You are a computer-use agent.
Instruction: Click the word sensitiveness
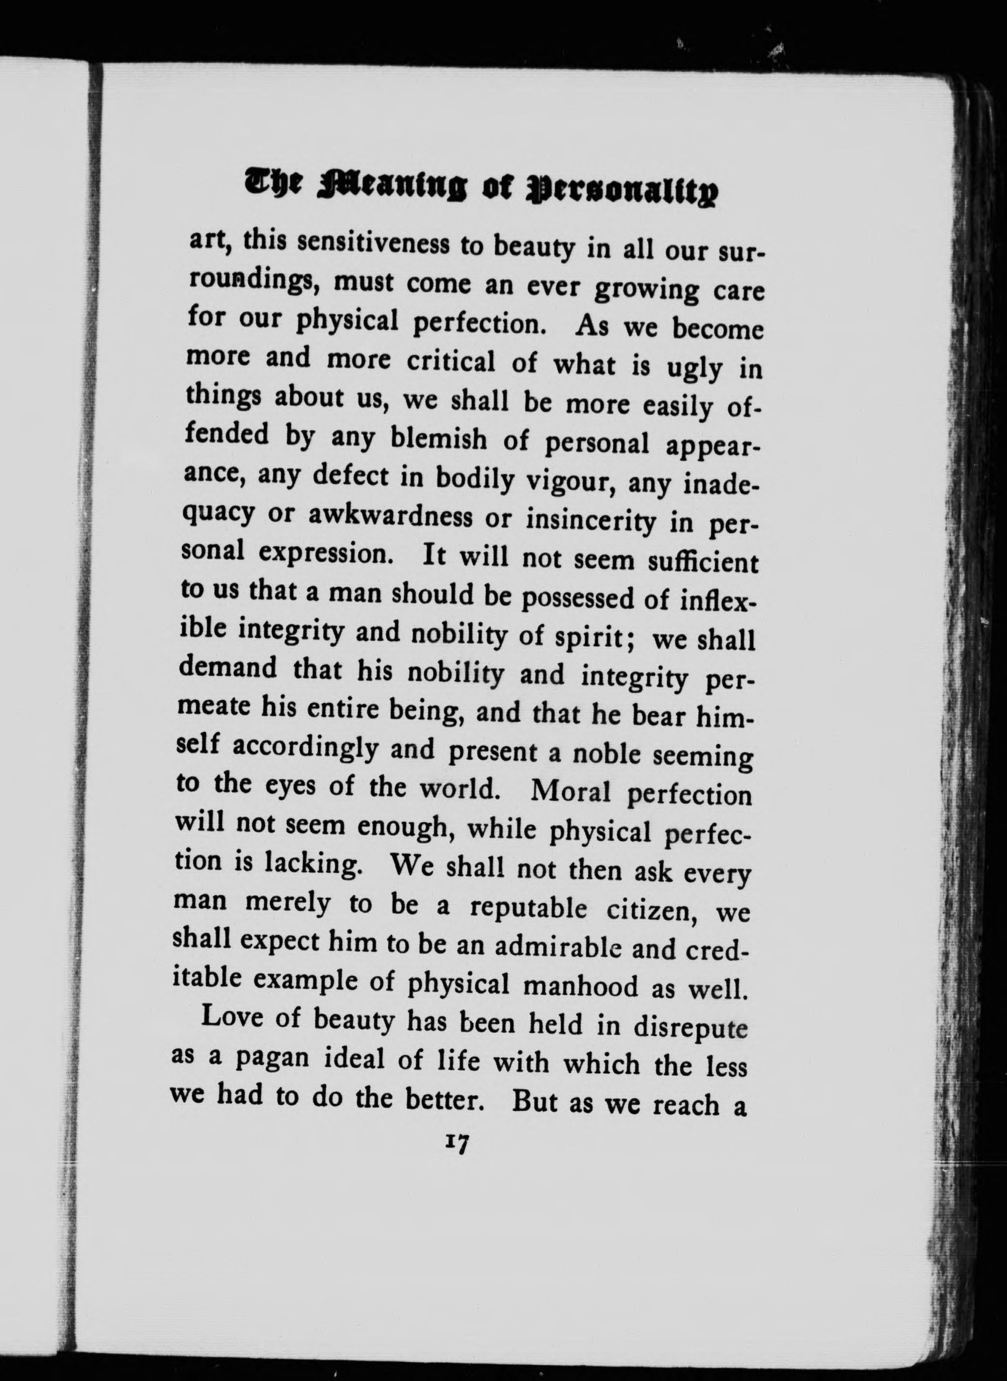coord(373,244)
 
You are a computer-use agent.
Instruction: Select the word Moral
coord(571,791)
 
